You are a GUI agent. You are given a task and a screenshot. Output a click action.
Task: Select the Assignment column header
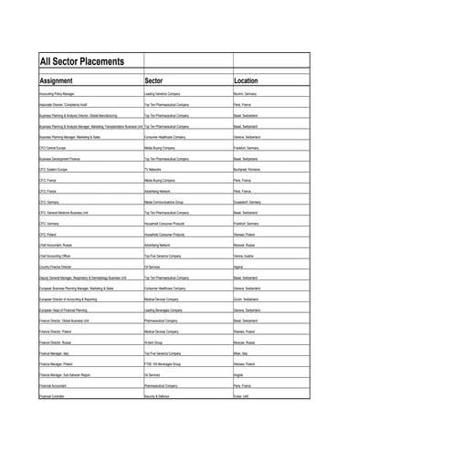pyautogui.click(x=56, y=80)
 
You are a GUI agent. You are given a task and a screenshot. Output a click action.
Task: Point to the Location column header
pyautogui.click(x=247, y=80)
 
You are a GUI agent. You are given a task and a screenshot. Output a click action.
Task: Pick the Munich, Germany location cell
pyautogui.click(x=245, y=94)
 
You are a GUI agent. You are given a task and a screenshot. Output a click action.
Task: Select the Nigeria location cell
pyautogui.click(x=239, y=267)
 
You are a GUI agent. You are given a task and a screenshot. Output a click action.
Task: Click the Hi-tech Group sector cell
pyautogui.click(x=153, y=342)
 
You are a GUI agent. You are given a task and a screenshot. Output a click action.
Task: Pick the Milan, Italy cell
pyautogui.click(x=242, y=353)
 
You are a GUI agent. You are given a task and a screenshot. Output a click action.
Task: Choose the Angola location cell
pyautogui.click(x=238, y=374)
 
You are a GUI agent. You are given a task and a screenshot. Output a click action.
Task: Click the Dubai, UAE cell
pyautogui.click(x=242, y=396)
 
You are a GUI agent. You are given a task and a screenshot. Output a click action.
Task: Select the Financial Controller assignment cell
pyautogui.click(x=52, y=396)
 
